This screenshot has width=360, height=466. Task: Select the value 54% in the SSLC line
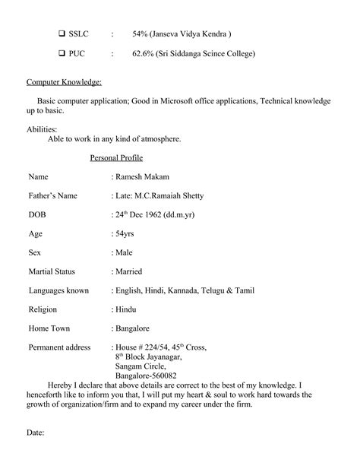(141, 34)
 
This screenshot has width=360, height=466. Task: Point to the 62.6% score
(144, 54)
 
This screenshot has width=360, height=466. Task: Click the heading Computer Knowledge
(64, 81)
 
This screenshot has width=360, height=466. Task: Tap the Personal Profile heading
(116, 157)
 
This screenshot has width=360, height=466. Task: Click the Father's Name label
(52, 195)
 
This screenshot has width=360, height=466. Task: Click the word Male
(124, 252)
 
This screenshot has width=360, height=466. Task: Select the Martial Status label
(58, 271)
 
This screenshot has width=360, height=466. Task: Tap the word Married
(128, 271)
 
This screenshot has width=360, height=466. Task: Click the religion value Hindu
(126, 309)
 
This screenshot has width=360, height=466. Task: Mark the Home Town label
(49, 328)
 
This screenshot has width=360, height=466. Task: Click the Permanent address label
(59, 347)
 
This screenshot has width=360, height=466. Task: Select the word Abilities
(42, 128)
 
